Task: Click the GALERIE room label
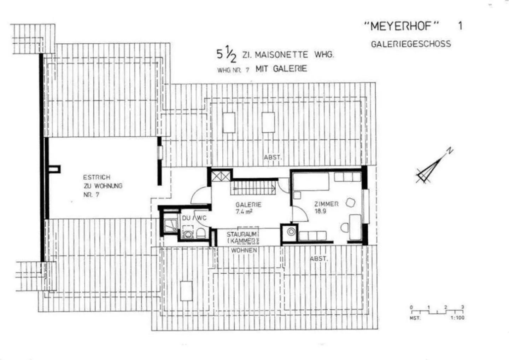[x=248, y=204]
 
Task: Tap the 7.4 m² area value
[x=244, y=212]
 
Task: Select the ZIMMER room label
[x=326, y=204]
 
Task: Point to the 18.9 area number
[x=320, y=211]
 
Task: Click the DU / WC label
[x=194, y=218]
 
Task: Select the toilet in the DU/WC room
[x=201, y=233]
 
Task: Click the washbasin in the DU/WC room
[x=187, y=233]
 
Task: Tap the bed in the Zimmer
[x=311, y=181]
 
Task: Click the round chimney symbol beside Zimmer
[x=291, y=232]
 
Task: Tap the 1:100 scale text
[x=457, y=318]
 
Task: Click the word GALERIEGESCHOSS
[x=411, y=44]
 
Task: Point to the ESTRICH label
[x=96, y=177]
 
